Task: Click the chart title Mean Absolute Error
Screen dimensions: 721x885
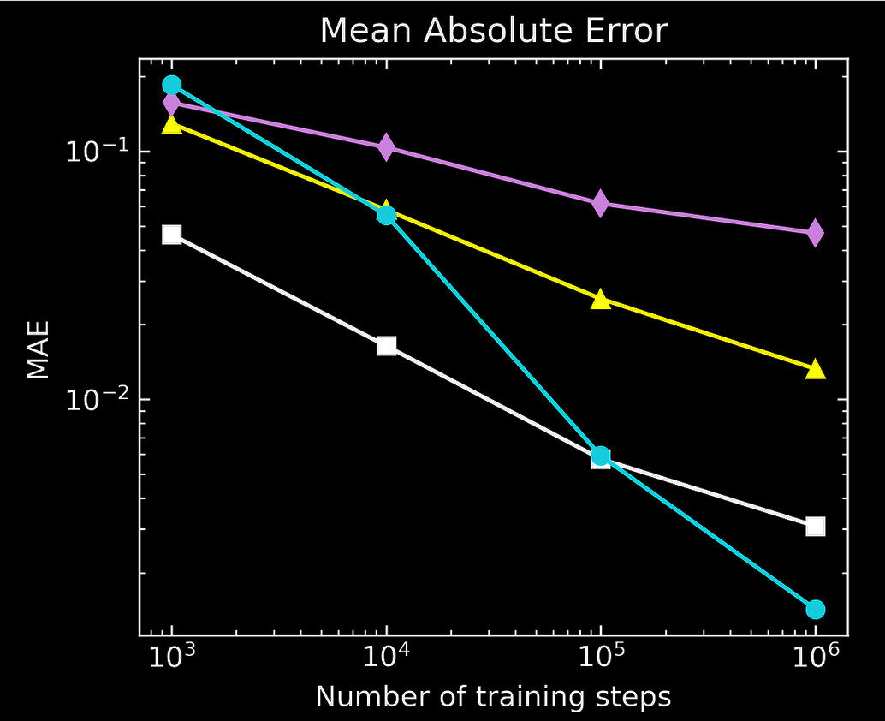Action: pyautogui.click(x=493, y=32)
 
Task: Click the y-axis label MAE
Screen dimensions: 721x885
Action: pyautogui.click(x=37, y=349)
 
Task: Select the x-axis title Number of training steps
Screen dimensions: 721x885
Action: pyautogui.click(x=493, y=696)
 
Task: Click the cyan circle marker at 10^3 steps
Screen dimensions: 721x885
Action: pyautogui.click(x=172, y=85)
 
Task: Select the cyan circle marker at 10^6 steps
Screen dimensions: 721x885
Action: pyautogui.click(x=815, y=609)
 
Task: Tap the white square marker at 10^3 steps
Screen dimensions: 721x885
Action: pyautogui.click(x=172, y=235)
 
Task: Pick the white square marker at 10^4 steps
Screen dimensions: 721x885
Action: pyautogui.click(x=387, y=346)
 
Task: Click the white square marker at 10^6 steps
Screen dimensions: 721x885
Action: pyautogui.click(x=815, y=526)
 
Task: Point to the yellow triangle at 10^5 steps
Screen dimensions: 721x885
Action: pyautogui.click(x=601, y=299)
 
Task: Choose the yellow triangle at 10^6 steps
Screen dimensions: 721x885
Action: pyautogui.click(x=815, y=369)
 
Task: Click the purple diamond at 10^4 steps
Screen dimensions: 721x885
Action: pyautogui.click(x=387, y=146)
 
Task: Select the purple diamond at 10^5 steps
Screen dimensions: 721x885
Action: pyautogui.click(x=601, y=203)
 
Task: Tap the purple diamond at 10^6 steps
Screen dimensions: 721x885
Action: pyautogui.click(x=815, y=232)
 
